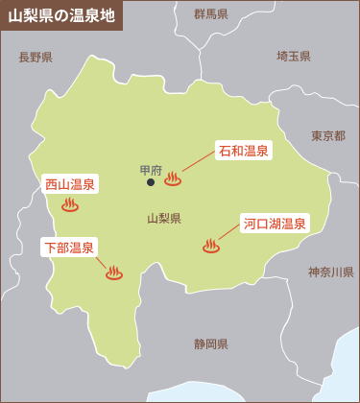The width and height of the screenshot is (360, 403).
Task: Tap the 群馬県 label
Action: pos(210,14)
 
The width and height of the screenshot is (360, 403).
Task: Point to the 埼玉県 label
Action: pos(293,57)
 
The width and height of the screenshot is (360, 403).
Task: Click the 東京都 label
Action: pos(328,136)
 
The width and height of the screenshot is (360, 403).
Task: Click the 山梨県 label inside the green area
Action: pos(164,218)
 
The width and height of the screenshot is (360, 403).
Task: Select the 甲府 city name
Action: pos(151,170)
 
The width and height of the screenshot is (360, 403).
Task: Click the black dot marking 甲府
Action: pos(151,182)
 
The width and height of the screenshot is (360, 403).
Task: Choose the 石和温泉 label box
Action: pos(243,151)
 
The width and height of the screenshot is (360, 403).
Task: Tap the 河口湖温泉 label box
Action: pos(274,225)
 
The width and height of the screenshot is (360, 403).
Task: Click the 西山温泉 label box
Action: pos(71,183)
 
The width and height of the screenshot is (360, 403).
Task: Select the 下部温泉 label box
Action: pos(69,248)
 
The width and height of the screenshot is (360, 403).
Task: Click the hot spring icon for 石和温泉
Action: pos(173,178)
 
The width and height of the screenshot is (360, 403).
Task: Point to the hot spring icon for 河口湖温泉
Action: pos(211,246)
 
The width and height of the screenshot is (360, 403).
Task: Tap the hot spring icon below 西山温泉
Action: pos(70,204)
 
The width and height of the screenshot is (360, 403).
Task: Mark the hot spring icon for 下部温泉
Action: pos(113,273)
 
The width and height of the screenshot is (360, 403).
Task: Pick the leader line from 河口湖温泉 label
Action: pos(229,235)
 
